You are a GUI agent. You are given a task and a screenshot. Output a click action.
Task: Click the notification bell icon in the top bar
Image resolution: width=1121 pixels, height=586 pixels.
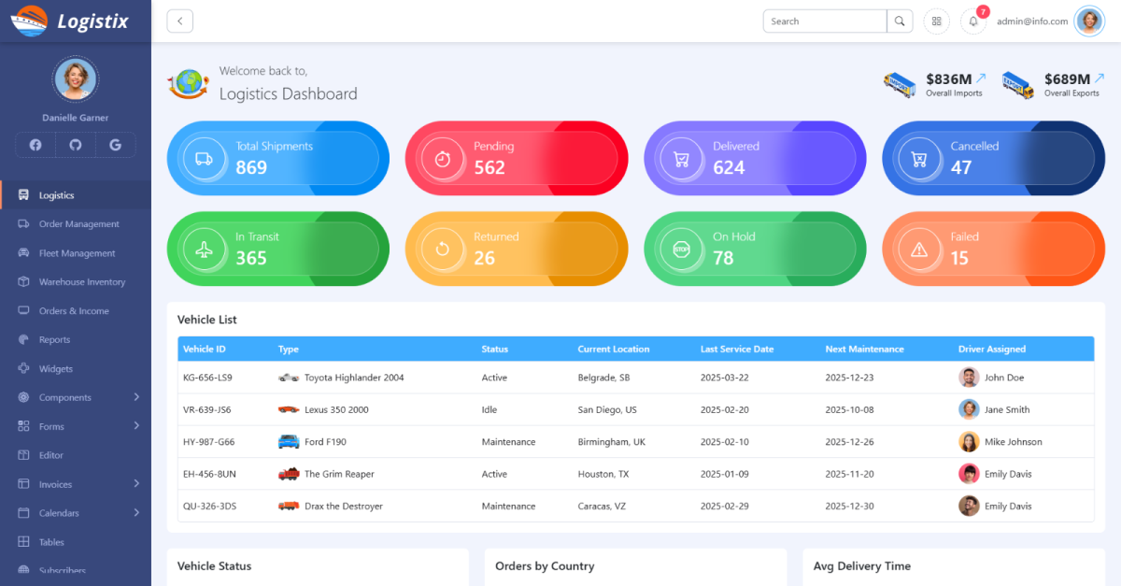972,21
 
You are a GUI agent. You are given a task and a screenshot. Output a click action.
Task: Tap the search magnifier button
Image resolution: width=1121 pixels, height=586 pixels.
900,21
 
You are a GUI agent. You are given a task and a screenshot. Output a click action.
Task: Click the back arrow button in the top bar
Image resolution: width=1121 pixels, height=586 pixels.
179,21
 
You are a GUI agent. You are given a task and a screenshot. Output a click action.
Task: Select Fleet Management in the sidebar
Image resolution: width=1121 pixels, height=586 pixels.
77,253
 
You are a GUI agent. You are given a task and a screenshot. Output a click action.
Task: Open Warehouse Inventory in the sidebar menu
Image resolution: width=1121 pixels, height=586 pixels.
81,282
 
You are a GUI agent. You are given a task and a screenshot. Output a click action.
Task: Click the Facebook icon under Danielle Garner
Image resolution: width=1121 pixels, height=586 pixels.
35,145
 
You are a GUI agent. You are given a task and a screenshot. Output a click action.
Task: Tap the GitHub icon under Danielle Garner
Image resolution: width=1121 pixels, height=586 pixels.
76,145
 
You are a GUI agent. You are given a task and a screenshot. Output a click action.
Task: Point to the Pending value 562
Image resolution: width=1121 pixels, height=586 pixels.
490,168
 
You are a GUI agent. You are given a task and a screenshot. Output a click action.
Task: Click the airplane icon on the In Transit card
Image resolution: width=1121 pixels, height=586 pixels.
205,250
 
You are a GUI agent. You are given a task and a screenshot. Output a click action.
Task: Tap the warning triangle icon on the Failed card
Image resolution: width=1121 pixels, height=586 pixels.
919,250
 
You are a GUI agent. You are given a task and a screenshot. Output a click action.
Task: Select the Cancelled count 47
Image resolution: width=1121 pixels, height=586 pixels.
961,168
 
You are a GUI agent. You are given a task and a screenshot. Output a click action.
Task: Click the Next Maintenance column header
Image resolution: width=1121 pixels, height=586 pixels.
864,350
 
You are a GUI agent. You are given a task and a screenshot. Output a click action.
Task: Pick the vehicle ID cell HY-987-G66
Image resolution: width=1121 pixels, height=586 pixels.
208,442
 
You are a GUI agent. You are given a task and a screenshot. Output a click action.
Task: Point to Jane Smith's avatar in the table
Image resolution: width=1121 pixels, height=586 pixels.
969,409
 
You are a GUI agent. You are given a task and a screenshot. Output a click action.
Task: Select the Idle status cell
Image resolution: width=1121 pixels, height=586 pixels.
490,410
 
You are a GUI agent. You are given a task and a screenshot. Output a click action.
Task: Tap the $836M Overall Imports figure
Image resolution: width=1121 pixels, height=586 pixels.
948,79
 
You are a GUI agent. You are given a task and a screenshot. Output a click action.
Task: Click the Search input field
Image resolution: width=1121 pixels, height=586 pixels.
825,21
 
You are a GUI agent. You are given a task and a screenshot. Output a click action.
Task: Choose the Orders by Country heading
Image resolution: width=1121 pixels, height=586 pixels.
545,566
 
